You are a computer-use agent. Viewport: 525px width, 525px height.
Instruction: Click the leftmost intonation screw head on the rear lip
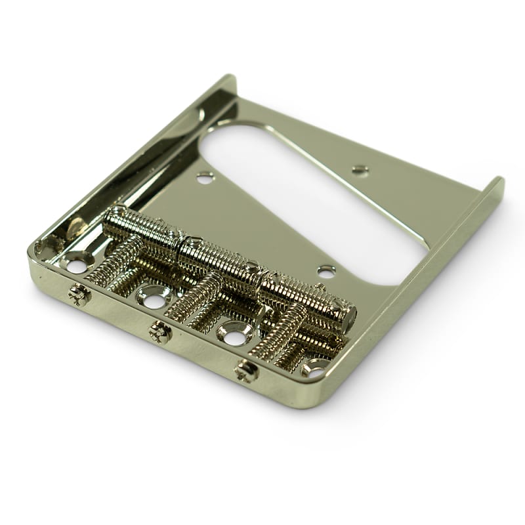[79, 295]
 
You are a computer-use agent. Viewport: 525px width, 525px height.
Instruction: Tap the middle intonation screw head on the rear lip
[159, 332]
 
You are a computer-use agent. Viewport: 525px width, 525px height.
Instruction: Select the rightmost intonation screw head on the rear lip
[247, 371]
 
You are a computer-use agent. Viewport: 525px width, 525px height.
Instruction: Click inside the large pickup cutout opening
[315, 197]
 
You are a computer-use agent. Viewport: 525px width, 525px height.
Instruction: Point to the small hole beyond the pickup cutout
[359, 170]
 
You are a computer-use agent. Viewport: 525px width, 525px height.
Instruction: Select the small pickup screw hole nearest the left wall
[205, 176]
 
